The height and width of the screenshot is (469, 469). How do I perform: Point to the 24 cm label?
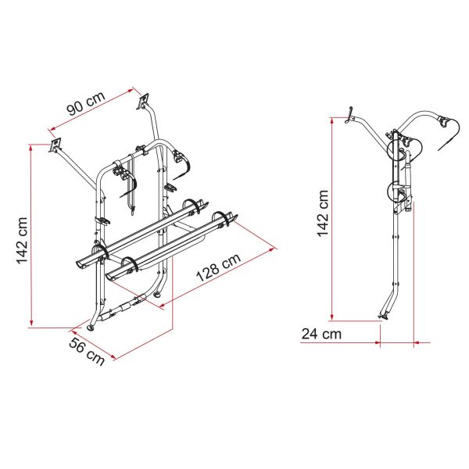click(x=320, y=335)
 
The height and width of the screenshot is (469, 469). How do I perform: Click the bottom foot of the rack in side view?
click(x=383, y=317)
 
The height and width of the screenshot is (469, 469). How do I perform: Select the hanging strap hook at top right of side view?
click(x=449, y=133)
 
